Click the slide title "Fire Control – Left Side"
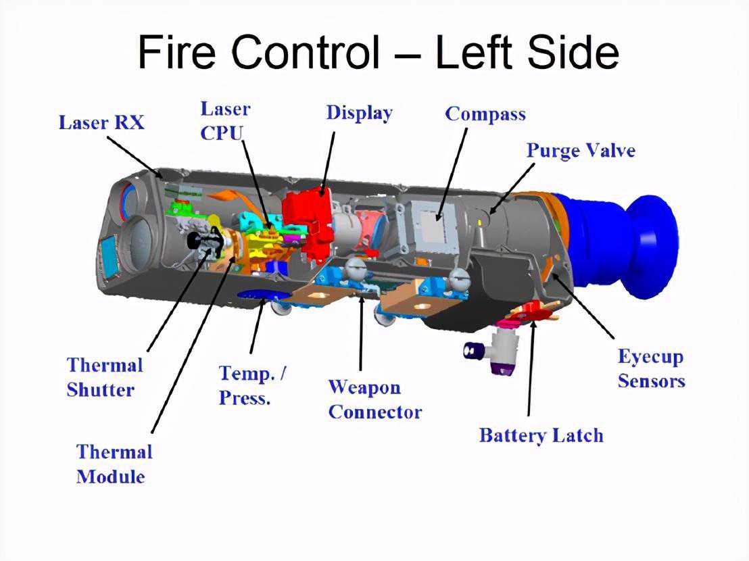(x=378, y=53)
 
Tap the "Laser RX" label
(x=101, y=123)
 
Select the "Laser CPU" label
(x=224, y=120)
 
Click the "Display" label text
(x=359, y=112)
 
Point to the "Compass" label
(x=485, y=114)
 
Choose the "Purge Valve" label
(x=581, y=150)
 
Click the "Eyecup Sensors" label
(x=651, y=368)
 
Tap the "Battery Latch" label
(x=541, y=435)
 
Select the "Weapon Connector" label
(x=374, y=399)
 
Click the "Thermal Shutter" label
(x=104, y=377)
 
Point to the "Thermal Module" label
(x=114, y=464)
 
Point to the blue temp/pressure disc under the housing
(x=264, y=295)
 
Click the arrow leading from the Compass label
(x=453, y=172)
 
